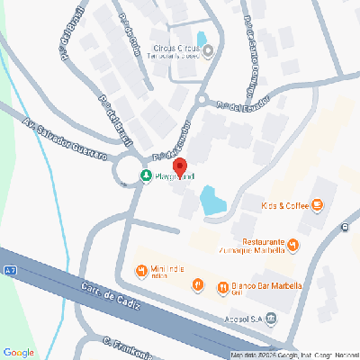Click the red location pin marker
click(179, 168)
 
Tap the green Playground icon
click(146, 175)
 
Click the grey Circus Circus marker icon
click(209, 50)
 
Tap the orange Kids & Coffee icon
click(317, 206)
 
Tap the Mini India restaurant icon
click(141, 271)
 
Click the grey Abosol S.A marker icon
click(273, 319)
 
